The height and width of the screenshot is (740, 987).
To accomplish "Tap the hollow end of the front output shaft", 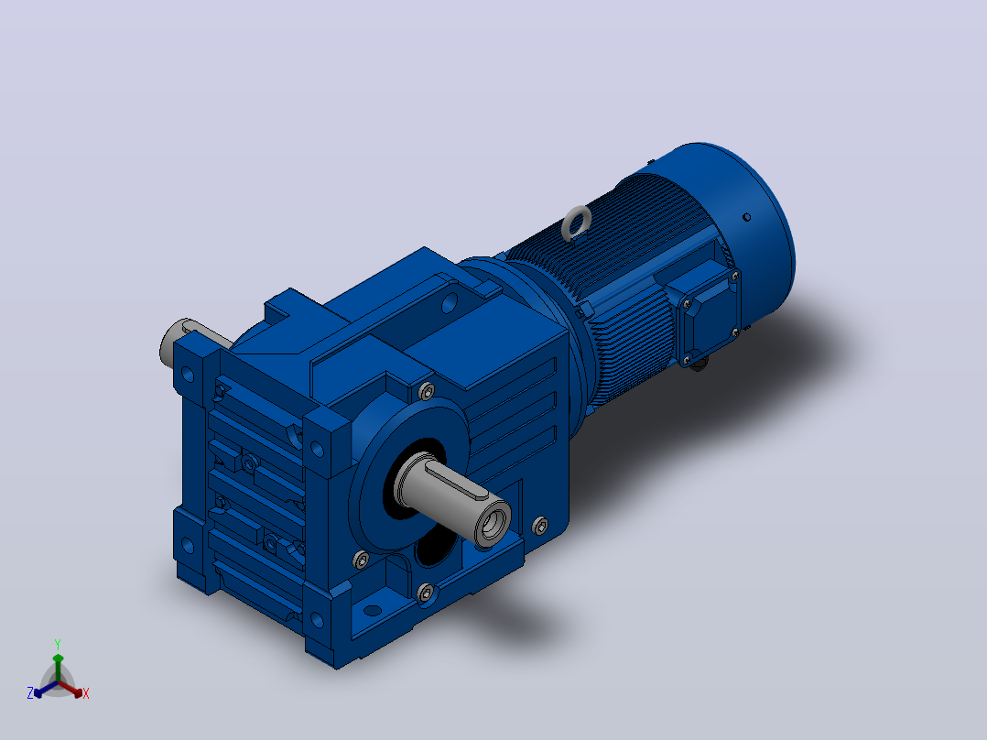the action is coord(493,522).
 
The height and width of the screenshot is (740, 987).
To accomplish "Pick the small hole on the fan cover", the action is coord(746,217).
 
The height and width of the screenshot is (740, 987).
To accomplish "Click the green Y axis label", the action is coord(58,644).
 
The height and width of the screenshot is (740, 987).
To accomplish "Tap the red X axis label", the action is coord(86,693).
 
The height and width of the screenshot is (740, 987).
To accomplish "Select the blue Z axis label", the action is coord(30,692).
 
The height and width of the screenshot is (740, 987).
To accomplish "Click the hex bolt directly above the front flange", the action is coord(426,391).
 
